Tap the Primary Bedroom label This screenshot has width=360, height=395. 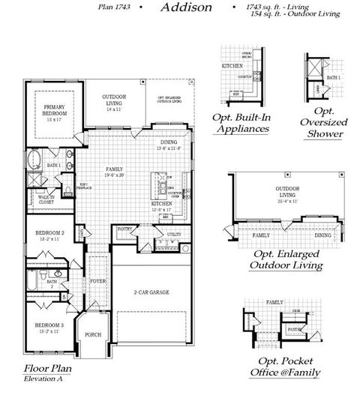(x=55, y=111)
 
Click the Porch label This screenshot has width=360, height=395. (x=94, y=334)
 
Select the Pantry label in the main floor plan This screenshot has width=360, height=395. (x=124, y=229)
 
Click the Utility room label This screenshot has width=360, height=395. (x=174, y=235)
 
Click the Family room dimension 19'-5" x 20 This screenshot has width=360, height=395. (x=115, y=175)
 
